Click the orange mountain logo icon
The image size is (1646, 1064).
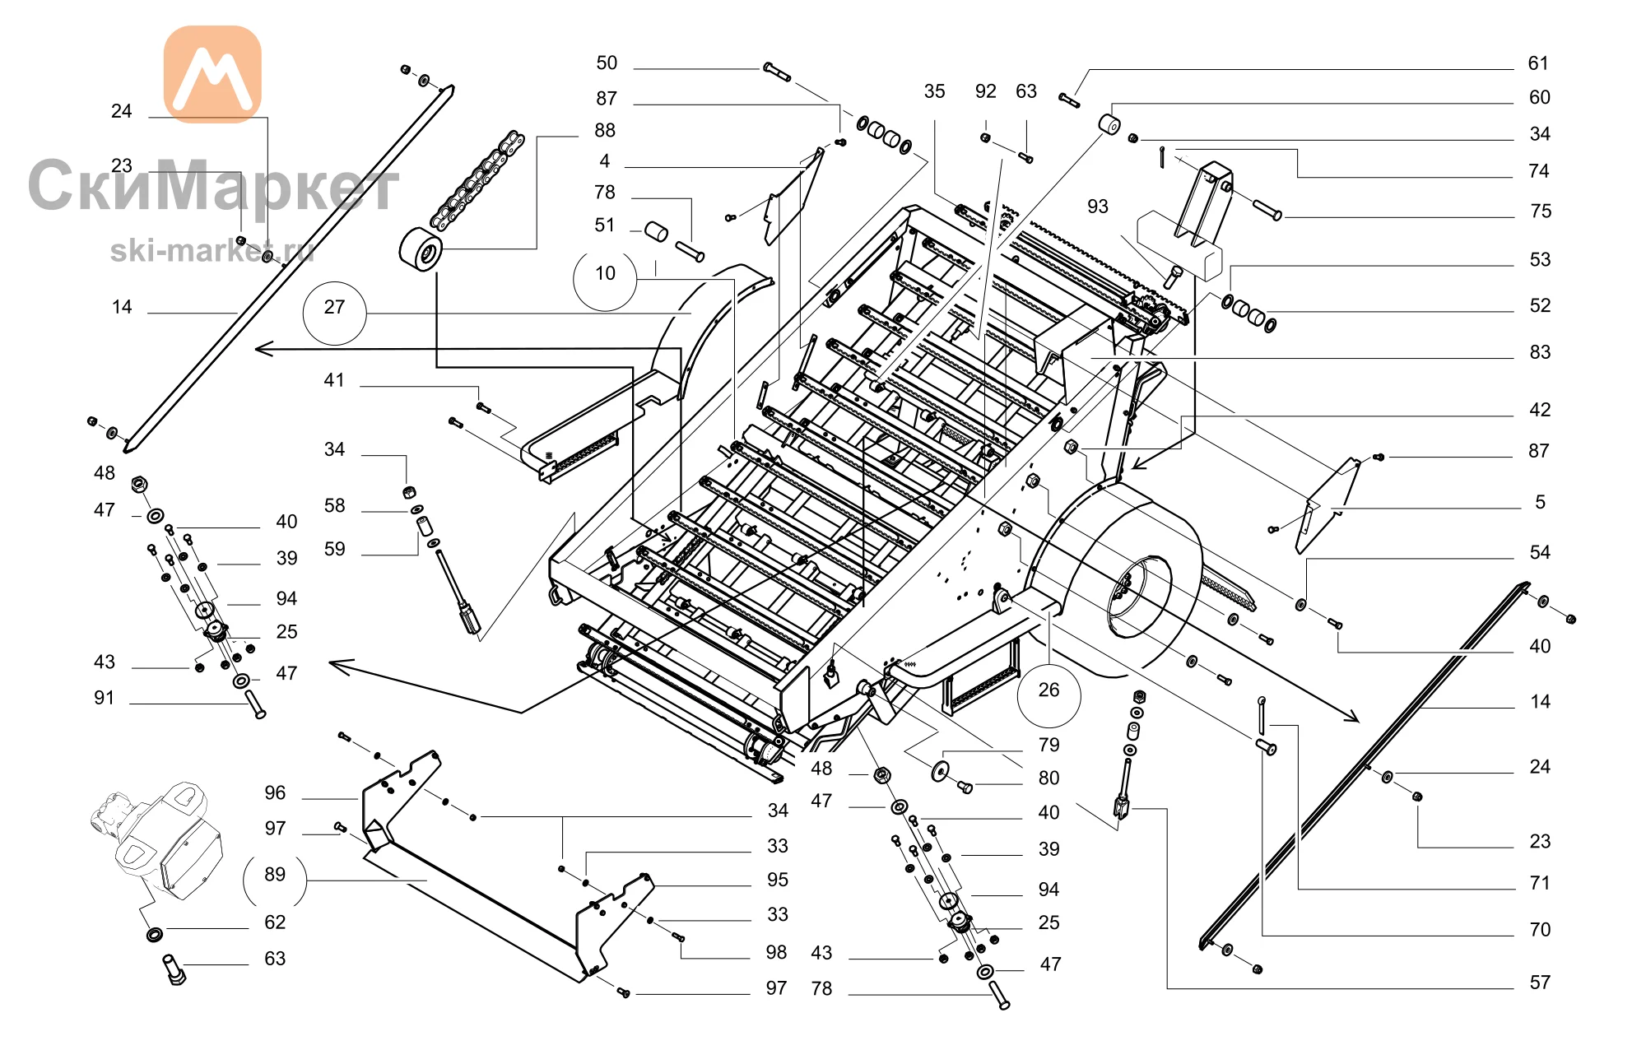click(x=213, y=74)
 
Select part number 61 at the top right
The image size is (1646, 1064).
click(x=1538, y=63)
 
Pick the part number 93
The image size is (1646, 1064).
click(x=1097, y=207)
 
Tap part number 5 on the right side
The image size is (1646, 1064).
click(x=1540, y=502)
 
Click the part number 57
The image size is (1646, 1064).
click(x=1540, y=983)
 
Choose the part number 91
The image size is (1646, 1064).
click(x=105, y=698)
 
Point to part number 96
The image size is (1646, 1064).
click(x=275, y=792)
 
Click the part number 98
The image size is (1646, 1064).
click(x=776, y=952)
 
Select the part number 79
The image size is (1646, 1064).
click(x=1049, y=745)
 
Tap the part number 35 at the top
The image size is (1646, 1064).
click(x=934, y=91)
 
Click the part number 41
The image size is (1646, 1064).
click(x=334, y=380)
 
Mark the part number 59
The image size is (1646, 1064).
click(x=334, y=549)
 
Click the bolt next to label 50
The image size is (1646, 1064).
click(x=777, y=72)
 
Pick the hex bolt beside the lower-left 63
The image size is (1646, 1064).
click(x=174, y=969)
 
